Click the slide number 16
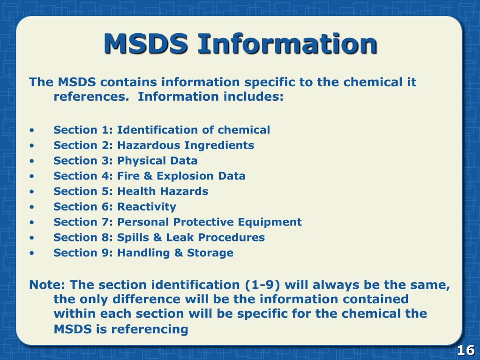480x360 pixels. [465, 350]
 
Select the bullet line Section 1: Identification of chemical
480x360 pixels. [162, 130]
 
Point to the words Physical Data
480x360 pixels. [157, 161]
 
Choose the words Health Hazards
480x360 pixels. [163, 191]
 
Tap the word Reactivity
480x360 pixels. [147, 207]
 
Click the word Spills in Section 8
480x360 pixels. [133, 238]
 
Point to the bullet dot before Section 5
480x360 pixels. [31, 192]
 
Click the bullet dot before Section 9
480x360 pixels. [31, 254]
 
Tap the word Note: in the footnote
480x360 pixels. [48, 285]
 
